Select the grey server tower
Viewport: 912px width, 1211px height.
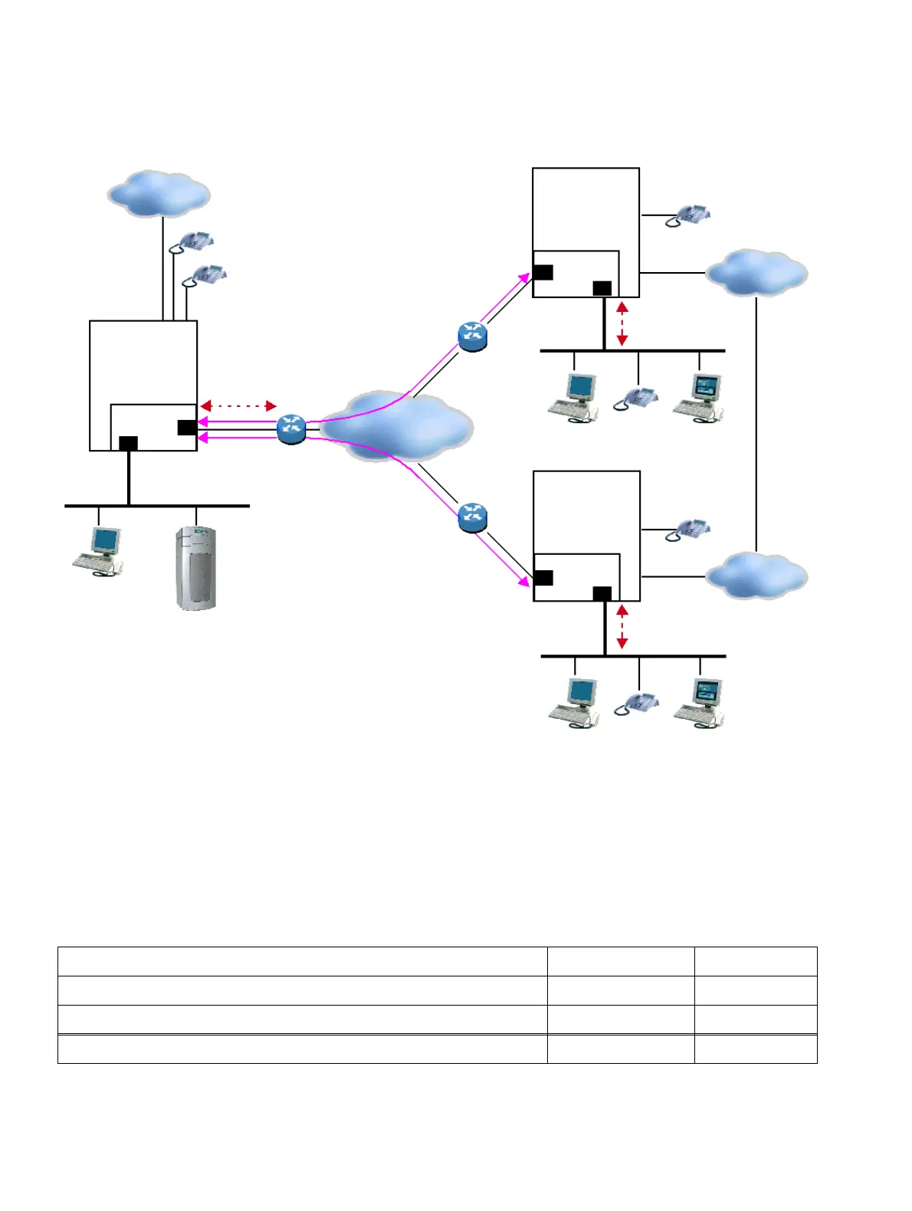(195, 568)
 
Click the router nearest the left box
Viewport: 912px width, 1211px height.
(291, 428)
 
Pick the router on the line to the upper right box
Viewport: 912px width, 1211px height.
(472, 336)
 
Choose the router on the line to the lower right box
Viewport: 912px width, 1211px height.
(472, 517)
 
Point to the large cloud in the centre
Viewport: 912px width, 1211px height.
(396, 425)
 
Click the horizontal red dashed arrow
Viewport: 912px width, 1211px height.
(238, 405)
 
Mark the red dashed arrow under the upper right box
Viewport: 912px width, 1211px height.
(622, 323)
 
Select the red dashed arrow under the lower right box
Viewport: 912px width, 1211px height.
(622, 627)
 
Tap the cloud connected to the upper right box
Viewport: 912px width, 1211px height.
(756, 272)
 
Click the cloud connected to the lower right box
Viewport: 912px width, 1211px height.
(756, 575)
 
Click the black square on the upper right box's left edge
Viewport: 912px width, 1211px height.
(543, 272)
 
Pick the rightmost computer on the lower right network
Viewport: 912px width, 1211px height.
(699, 702)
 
